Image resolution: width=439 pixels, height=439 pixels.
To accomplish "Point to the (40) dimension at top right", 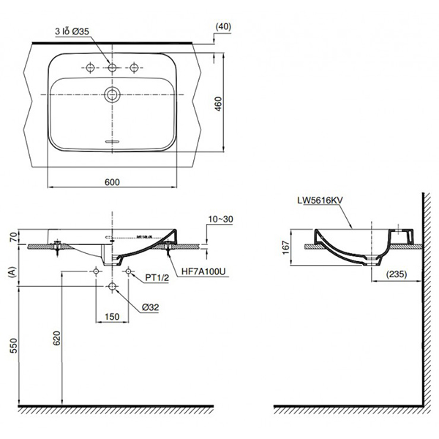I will tap(224, 26).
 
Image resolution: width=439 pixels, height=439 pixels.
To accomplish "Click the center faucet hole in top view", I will tap(113, 68).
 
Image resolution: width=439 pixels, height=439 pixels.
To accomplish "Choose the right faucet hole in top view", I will tap(134, 68).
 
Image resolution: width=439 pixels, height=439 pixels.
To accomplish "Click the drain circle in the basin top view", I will tap(113, 93).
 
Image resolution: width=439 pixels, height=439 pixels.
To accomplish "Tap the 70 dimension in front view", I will tap(12, 236).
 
